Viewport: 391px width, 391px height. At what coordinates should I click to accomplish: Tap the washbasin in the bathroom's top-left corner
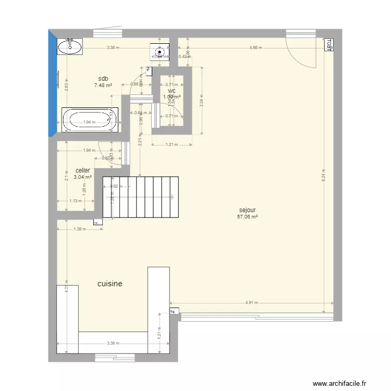coord(70,47)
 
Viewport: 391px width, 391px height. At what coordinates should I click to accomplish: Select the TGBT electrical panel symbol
coord(329,45)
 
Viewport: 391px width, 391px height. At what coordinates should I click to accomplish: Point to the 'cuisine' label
coord(110,284)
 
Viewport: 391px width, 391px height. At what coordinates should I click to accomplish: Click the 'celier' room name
coord(82,170)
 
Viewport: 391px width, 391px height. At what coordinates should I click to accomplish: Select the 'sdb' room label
coord(103,79)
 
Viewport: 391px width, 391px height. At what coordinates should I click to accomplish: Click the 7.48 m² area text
coord(103,85)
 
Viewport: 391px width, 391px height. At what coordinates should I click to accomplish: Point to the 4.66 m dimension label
coord(256,48)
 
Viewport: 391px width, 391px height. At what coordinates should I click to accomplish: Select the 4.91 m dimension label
coord(252,302)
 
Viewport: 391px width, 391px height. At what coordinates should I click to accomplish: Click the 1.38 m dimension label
coord(79,229)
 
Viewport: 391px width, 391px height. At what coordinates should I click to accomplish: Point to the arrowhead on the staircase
coord(173,197)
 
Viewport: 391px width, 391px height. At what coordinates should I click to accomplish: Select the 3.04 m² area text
coord(82,177)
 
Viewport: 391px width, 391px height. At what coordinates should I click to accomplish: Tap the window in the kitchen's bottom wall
coord(115,358)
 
